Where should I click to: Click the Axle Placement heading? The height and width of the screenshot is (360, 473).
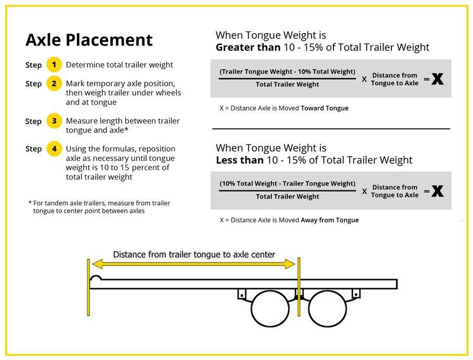click(89, 40)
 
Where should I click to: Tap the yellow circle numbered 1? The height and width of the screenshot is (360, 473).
click(54, 64)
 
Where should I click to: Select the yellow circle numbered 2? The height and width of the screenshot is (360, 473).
click(54, 83)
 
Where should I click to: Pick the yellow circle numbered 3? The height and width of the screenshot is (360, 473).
click(54, 121)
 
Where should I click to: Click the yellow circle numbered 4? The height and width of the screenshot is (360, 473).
click(54, 148)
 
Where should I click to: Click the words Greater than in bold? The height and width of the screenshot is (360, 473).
click(248, 47)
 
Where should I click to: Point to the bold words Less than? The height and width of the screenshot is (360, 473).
click(240, 160)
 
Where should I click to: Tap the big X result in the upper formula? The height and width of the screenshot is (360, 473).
click(438, 79)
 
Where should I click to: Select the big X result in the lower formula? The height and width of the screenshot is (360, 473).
click(438, 191)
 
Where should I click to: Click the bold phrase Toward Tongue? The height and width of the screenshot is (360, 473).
click(325, 108)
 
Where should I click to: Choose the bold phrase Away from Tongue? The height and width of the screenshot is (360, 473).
click(330, 220)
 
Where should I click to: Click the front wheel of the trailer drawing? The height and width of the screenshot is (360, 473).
click(270, 309)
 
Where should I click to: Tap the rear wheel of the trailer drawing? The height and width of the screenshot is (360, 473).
click(328, 309)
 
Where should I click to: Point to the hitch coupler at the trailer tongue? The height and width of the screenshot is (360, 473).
click(96, 278)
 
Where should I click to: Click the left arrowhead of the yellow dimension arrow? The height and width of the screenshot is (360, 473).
click(98, 264)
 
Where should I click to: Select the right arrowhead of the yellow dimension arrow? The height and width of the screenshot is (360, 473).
click(290, 264)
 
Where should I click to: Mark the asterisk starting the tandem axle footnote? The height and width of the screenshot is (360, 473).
click(30, 202)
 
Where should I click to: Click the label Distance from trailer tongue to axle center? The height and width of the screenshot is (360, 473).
click(194, 255)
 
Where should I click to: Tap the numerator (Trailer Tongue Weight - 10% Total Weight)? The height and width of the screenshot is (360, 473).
click(287, 72)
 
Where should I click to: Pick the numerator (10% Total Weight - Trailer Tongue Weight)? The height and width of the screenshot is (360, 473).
click(287, 184)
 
